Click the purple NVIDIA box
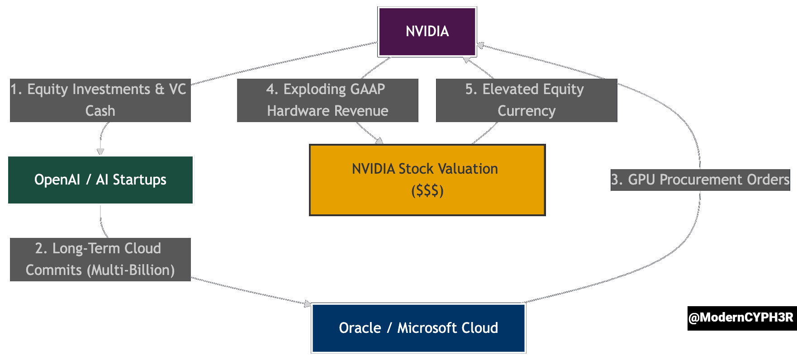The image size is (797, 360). tap(427, 32)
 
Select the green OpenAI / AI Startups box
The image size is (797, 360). tap(100, 180)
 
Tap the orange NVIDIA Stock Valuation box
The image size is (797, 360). tap(427, 180)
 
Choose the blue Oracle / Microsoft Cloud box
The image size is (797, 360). tap(418, 328)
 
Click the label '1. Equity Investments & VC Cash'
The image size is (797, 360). tap(100, 100)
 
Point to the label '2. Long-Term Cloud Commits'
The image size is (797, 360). tap(100, 259)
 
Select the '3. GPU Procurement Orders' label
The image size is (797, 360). tap(700, 180)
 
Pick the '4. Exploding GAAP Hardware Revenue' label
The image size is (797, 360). tap(327, 100)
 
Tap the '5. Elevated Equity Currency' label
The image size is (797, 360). tap(527, 100)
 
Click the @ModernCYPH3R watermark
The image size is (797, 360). tap(741, 318)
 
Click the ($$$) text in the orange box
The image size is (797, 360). tap(427, 191)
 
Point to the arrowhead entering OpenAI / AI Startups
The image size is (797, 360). tap(100, 152)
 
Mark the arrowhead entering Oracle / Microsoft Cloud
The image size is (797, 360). tap(308, 304)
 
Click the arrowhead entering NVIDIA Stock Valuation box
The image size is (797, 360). tap(380, 141)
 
